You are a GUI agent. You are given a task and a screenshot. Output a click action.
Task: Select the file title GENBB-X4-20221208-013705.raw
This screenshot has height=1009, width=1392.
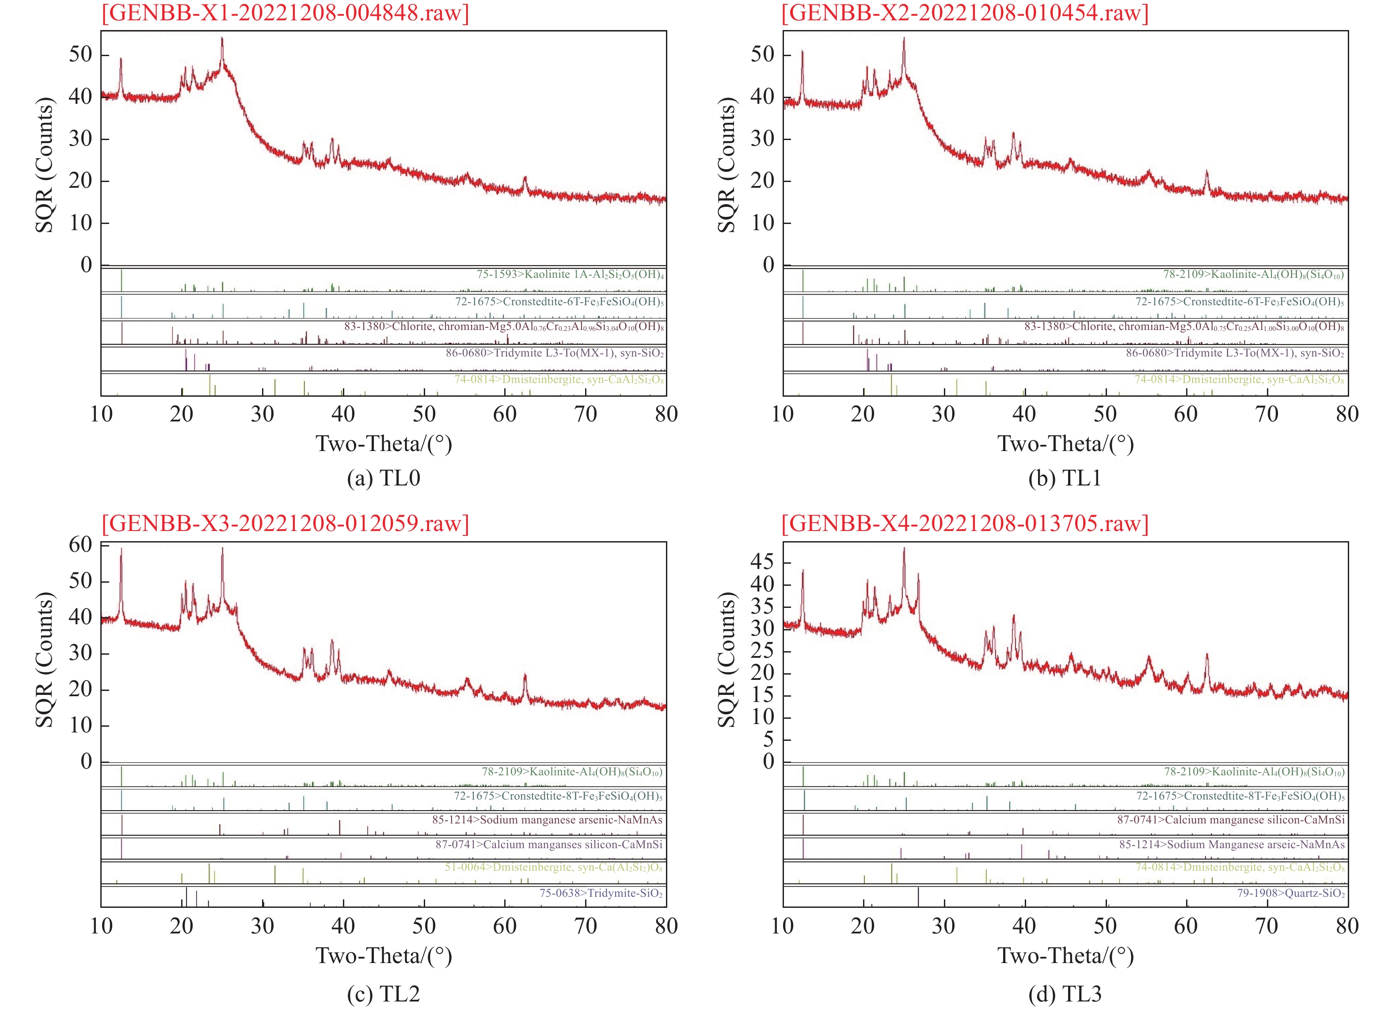(x=965, y=523)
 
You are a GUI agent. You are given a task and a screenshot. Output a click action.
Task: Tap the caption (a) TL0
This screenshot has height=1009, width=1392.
(x=384, y=478)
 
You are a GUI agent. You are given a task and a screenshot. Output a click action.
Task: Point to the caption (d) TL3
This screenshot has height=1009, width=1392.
(x=1065, y=994)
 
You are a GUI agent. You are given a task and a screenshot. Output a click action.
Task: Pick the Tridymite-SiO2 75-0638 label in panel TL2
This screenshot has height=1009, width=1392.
(x=601, y=893)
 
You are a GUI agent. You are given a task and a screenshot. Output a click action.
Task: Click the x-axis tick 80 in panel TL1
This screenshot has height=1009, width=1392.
(x=1347, y=414)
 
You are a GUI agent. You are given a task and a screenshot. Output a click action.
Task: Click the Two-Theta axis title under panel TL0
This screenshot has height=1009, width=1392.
(x=384, y=444)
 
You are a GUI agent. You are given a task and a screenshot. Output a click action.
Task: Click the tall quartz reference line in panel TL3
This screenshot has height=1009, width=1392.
(x=918, y=897)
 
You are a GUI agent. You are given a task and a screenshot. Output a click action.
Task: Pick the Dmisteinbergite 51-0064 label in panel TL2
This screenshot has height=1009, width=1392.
(x=554, y=867)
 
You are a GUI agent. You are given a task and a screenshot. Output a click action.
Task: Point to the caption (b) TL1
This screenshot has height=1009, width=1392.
(x=1065, y=478)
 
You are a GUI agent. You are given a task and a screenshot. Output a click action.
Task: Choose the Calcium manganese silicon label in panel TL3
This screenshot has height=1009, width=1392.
(x=1231, y=820)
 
